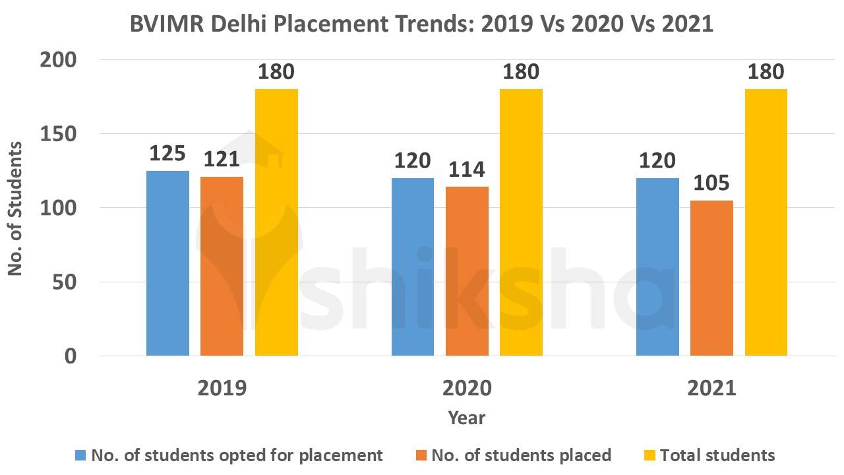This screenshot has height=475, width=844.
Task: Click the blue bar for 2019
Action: pyautogui.click(x=167, y=263)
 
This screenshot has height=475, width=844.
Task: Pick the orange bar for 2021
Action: pyautogui.click(x=711, y=278)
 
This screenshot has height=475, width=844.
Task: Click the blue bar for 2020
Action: pyautogui.click(x=413, y=267)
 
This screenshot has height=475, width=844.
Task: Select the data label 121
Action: pyautogui.click(x=222, y=160)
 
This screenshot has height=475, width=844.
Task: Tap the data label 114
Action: pyautogui.click(x=467, y=170)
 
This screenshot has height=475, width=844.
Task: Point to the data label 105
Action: pyautogui.click(x=711, y=183)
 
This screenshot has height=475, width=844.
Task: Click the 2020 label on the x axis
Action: pyautogui.click(x=467, y=387)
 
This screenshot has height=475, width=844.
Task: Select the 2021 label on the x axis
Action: pyautogui.click(x=711, y=387)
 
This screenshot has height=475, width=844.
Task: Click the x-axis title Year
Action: pyautogui.click(x=467, y=418)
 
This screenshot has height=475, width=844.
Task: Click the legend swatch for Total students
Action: pyautogui.click(x=649, y=455)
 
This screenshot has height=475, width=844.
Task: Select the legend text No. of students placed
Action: pyautogui.click(x=521, y=455)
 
